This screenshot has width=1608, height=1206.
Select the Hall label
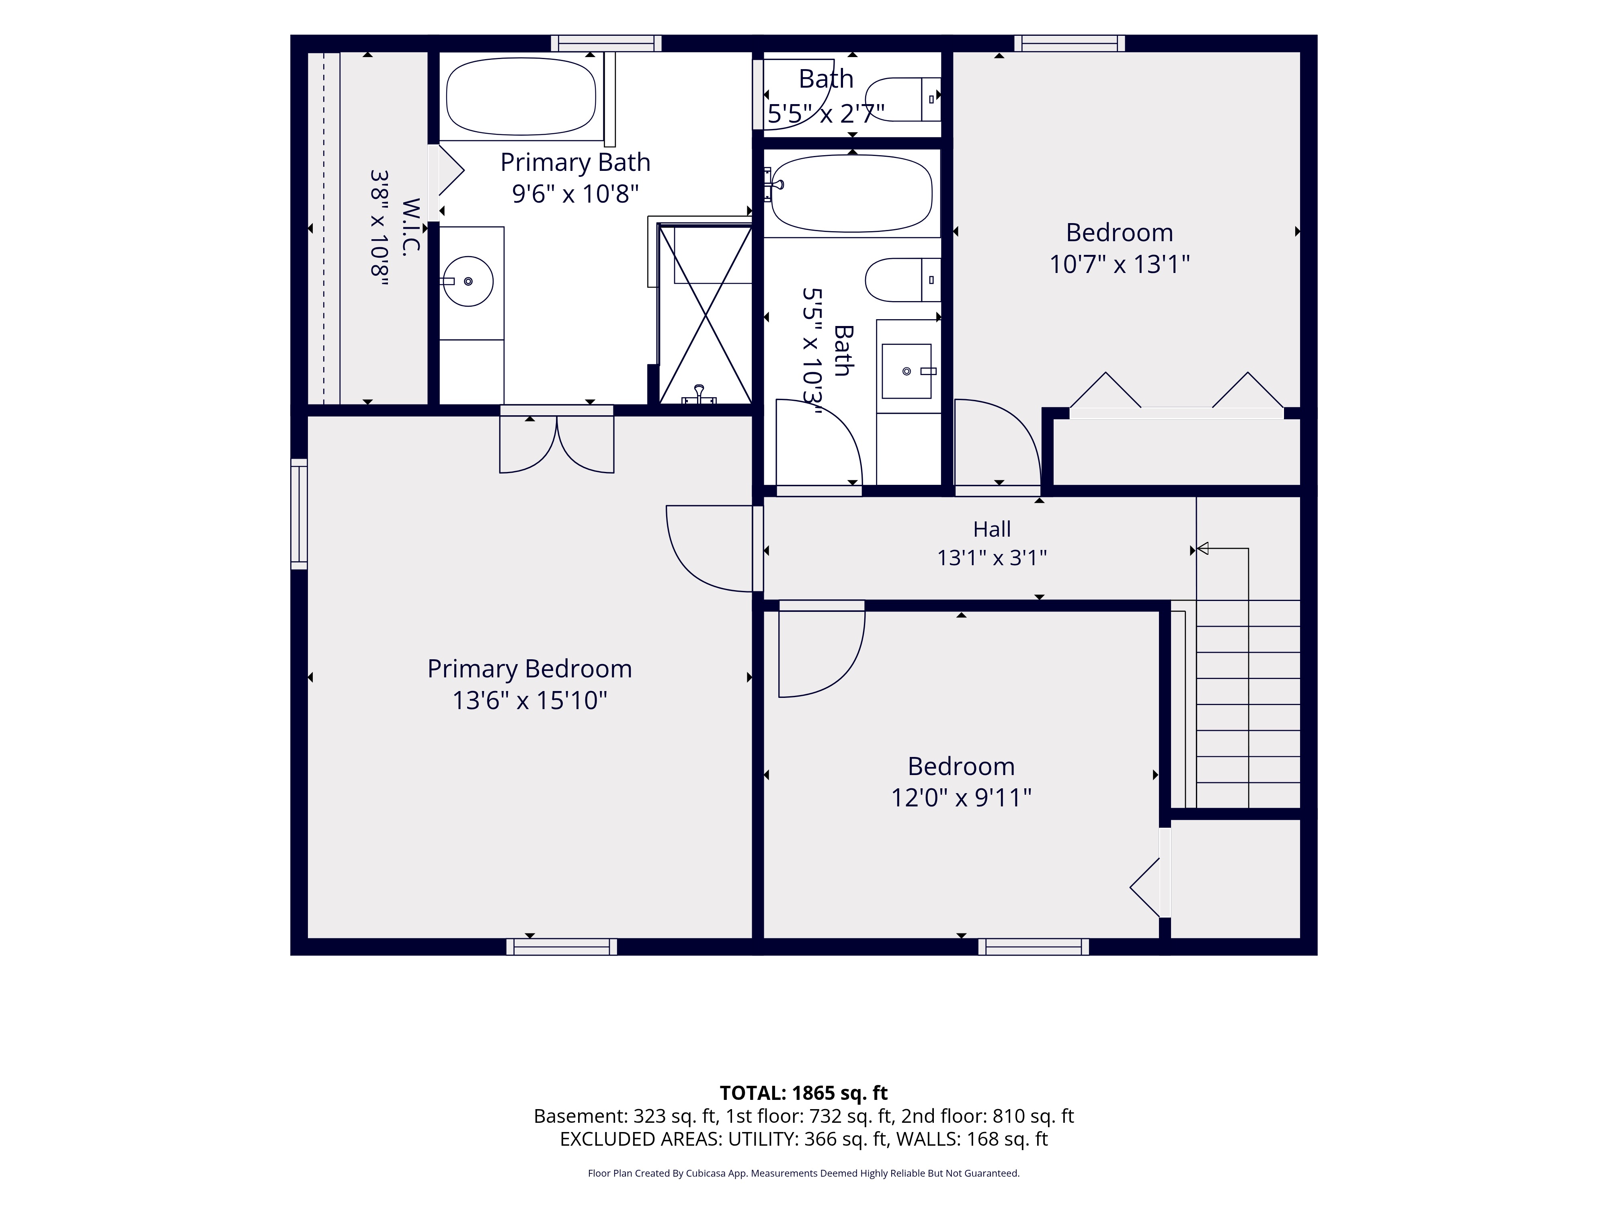[x=992, y=529]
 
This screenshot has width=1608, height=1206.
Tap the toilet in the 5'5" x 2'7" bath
[x=903, y=99]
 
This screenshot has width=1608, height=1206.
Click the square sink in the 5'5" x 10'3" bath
[x=907, y=371]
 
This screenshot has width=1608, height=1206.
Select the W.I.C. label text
[x=411, y=226]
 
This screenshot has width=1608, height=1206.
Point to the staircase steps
[x=1248, y=703]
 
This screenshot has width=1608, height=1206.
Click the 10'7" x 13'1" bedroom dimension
[x=1120, y=264]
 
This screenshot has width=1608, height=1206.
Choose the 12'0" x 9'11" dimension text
[x=961, y=798]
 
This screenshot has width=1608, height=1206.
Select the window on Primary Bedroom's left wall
[x=299, y=513]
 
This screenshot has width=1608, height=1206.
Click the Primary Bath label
[x=575, y=162]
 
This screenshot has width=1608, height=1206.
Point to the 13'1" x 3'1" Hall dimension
[x=992, y=558]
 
